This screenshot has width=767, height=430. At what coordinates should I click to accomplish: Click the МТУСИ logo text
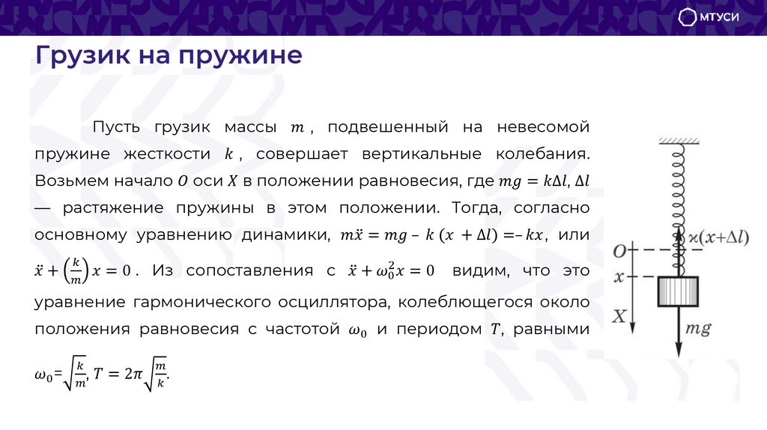click(720, 18)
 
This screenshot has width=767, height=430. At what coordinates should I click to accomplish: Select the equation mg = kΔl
click(533, 181)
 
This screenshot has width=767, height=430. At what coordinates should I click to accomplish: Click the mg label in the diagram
click(697, 329)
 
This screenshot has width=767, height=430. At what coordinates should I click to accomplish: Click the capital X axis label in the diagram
click(619, 316)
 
